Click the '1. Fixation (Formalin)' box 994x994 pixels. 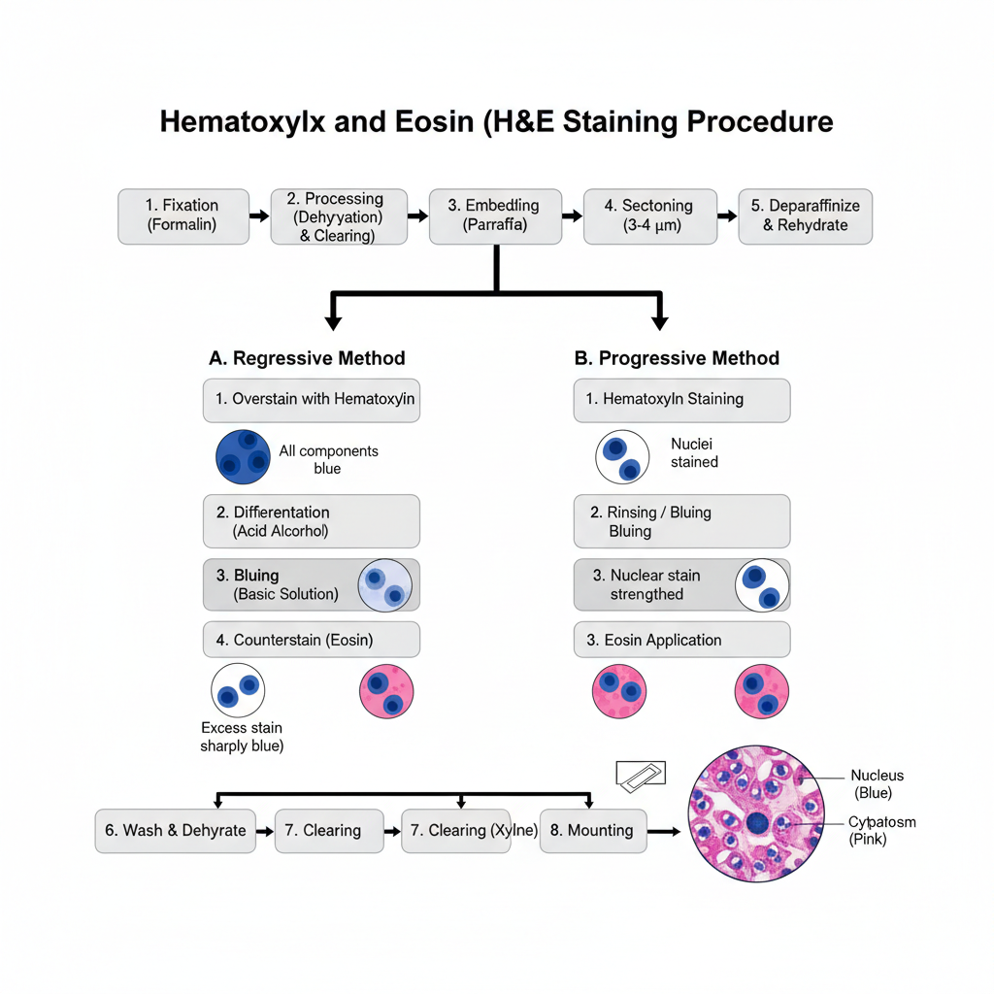coord(182,215)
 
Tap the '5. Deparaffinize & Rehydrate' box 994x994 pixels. coord(805,215)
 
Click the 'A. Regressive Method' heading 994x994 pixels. coord(307,358)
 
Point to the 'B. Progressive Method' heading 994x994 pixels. coord(677,358)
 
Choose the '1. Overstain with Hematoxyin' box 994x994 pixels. coord(311,400)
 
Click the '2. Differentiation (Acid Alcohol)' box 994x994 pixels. coord(311,521)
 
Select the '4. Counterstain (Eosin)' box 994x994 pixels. coord(311,641)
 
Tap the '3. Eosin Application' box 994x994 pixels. coord(681,641)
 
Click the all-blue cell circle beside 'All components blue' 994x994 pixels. coord(243,456)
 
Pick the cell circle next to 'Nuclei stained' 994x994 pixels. coord(622,457)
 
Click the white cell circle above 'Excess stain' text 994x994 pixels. coord(238,691)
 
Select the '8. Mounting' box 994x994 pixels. coord(592,831)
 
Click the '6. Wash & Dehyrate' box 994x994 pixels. coord(176,831)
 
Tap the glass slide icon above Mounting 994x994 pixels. coord(641,775)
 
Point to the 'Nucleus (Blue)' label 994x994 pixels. coord(877,784)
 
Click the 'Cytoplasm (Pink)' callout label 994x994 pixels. coord(881,831)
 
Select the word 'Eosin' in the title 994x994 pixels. coord(432,122)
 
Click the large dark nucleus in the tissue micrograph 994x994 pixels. coord(758,824)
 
